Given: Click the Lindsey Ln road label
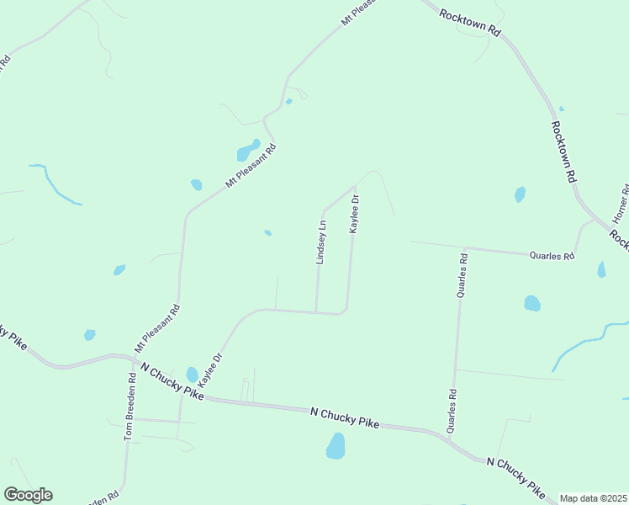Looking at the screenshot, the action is click(320, 242).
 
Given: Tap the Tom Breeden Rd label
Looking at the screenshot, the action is click(129, 407).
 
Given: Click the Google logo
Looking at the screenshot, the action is click(28, 495).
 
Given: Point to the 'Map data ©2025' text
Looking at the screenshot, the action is click(593, 498).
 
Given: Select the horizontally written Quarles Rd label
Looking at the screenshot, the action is click(551, 255).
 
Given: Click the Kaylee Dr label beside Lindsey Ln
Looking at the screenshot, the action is click(355, 215).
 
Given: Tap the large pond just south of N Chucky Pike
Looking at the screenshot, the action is click(336, 446).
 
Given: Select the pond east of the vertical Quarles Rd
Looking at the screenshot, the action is click(531, 303).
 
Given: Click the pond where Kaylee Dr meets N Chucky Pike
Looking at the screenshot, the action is click(192, 374).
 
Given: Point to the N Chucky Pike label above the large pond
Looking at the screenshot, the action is click(345, 417).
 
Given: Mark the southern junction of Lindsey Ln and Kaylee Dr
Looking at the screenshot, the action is click(316, 312).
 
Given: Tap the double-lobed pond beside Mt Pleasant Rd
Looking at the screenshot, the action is click(248, 150).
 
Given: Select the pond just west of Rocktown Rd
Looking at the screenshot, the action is click(520, 194).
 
